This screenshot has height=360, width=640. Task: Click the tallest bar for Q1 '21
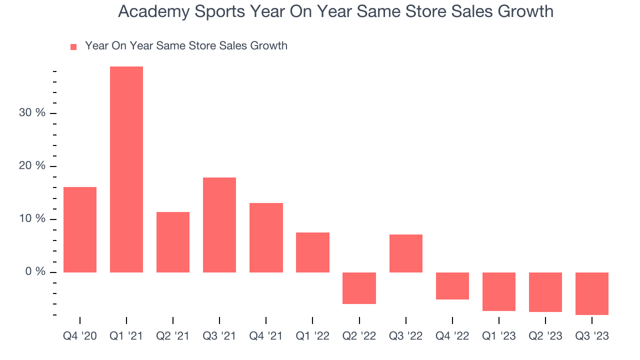coord(126,169)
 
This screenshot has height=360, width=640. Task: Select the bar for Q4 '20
coord(80,229)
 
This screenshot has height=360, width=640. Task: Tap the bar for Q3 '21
coord(219,224)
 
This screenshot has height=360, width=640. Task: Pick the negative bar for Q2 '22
coord(359,288)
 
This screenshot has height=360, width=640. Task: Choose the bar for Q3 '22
coord(405,253)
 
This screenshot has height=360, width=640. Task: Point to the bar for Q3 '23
coord(591,293)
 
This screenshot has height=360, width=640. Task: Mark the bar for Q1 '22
coord(312,252)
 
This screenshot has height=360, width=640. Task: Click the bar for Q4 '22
coord(452,286)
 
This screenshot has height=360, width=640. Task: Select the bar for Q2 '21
coord(173,242)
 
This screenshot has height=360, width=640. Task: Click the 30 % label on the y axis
coord(32,113)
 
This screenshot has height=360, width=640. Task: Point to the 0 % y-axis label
coord(35,272)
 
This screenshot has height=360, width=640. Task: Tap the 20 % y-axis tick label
coord(32,166)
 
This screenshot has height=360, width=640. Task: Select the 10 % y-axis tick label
coord(32,219)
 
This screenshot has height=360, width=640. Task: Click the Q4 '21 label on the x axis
coord(266,336)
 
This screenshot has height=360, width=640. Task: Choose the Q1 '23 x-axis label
coord(498,336)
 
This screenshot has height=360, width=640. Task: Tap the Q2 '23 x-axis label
coord(545,336)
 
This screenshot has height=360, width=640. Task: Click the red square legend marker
coord(73,46)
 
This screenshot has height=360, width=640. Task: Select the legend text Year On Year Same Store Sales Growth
coord(186,46)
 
